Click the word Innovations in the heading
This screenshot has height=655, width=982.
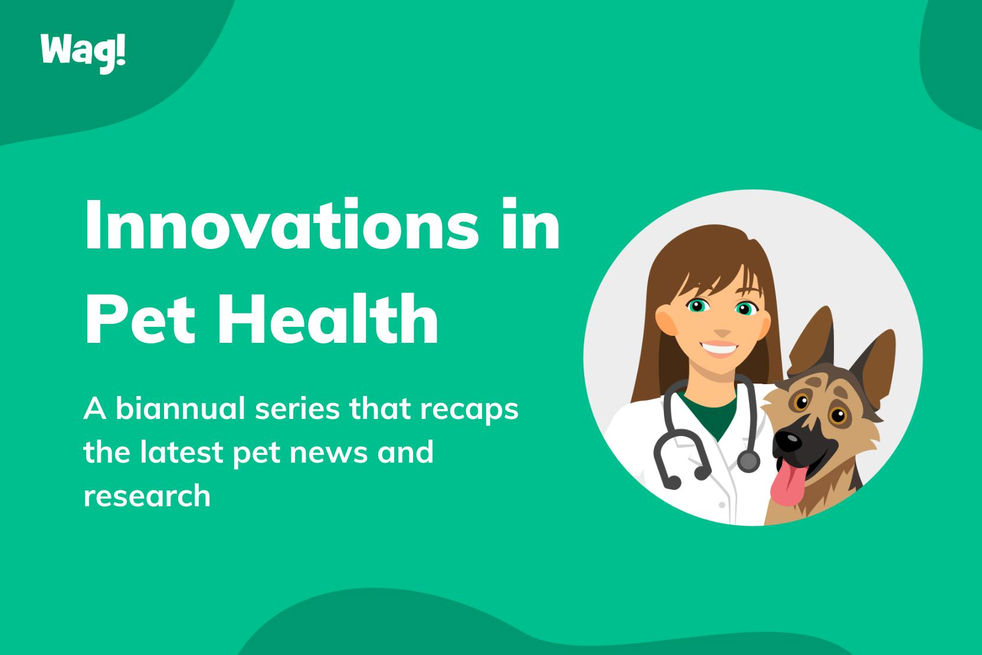(x=281, y=224)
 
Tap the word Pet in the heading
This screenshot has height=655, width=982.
(x=140, y=319)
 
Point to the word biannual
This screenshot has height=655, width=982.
(x=180, y=408)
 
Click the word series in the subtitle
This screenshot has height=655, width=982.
(x=297, y=409)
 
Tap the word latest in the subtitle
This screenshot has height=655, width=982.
(x=182, y=452)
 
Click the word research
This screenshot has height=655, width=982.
(x=148, y=496)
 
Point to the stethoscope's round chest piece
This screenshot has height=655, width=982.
(x=748, y=461)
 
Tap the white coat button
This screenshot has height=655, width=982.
(x=722, y=505)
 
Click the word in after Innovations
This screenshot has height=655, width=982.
(x=531, y=224)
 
